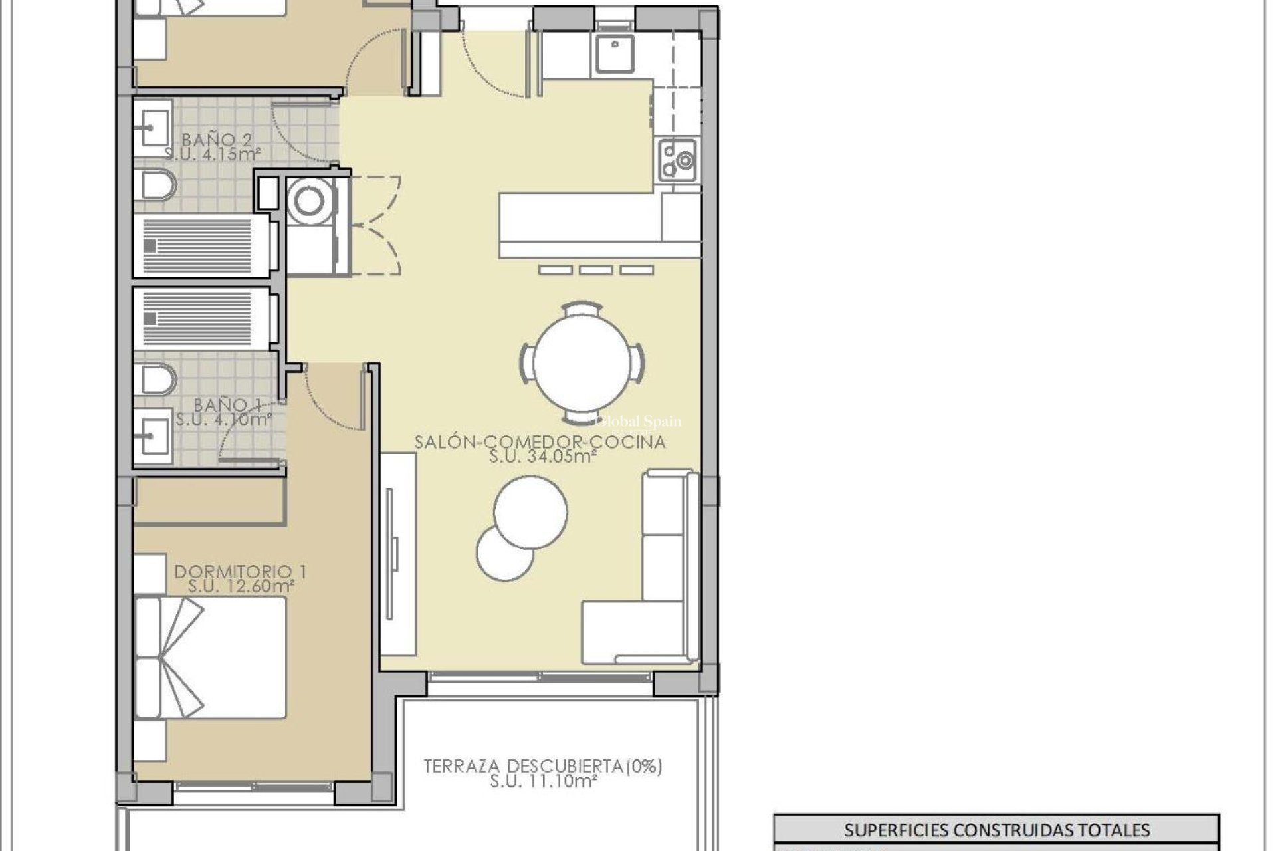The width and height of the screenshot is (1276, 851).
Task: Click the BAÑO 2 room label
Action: pos(208,140)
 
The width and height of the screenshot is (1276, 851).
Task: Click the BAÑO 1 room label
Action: pos(227,404)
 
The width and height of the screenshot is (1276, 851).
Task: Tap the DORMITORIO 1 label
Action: pos(240,572)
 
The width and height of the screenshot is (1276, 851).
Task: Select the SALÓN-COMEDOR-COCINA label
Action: pos(540,442)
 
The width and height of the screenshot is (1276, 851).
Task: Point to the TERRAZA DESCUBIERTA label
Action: pos(543,766)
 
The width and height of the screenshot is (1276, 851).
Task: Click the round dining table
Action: pos(582,363)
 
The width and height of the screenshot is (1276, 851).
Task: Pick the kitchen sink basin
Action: pos(614,54)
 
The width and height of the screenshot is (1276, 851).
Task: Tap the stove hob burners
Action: pos(677,160)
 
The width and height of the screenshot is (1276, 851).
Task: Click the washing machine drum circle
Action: pos(308,201)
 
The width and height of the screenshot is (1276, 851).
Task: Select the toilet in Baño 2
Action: pos(154,185)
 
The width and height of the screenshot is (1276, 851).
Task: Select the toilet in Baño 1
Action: pos(154,380)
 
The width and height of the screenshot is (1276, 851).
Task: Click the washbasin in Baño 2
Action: pos(152,124)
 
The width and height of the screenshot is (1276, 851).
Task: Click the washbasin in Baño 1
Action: pos(152,436)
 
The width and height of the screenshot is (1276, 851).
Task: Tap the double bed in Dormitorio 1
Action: pos(209,658)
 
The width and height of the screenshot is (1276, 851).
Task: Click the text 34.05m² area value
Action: pos(542,457)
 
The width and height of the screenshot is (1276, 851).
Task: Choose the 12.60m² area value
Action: pos(241,586)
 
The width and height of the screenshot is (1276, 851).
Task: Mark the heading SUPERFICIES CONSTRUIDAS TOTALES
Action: pos(996,830)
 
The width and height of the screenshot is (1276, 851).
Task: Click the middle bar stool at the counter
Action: pos(596,270)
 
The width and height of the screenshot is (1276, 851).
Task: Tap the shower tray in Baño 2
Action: pos(200,245)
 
